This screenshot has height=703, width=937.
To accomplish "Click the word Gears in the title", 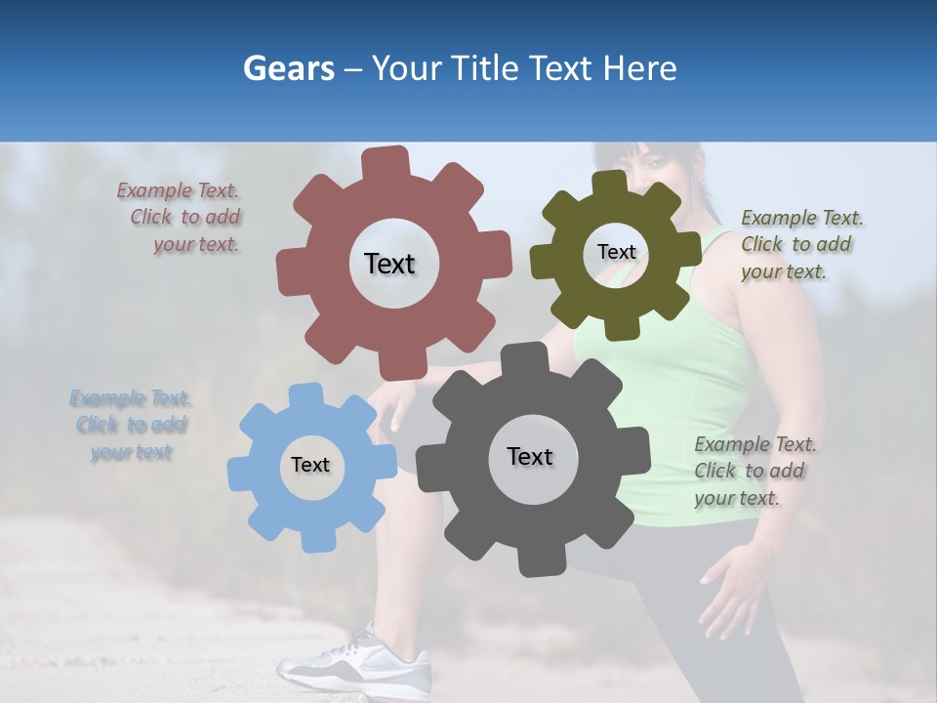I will point(288,69).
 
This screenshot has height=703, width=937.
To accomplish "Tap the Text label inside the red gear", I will point(389,264).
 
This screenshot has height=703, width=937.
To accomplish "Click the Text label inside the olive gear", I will point(616,252).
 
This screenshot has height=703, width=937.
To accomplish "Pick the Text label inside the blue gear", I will point(310,465).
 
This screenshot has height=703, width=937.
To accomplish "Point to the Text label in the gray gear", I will point(530,456).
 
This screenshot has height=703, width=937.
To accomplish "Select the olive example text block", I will point(801,244).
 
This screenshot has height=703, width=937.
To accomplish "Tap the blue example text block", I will point(131,425).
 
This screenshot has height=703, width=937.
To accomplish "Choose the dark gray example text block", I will point(754,472).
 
